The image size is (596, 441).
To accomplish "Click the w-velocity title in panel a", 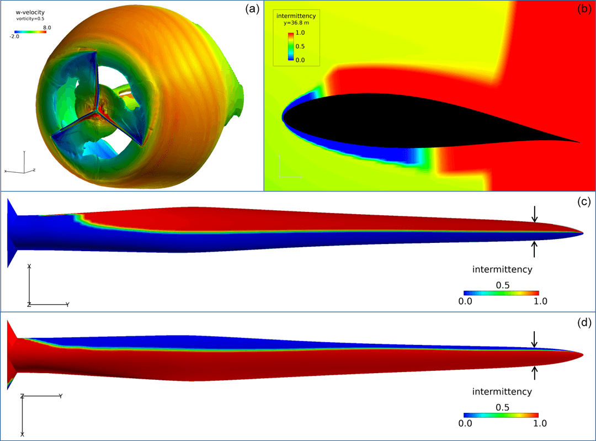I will pos(30,12).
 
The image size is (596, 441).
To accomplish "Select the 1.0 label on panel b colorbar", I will pos(300,34).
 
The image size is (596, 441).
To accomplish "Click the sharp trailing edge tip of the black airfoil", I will pos(579,142).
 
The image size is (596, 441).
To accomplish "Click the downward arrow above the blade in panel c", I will pos(534,215).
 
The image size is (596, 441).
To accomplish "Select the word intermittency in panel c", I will pos(502,269).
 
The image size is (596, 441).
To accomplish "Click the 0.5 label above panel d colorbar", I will pos(502,407).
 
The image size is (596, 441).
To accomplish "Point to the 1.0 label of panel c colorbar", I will pos(540,301).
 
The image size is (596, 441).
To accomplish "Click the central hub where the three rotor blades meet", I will pos(98,110).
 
